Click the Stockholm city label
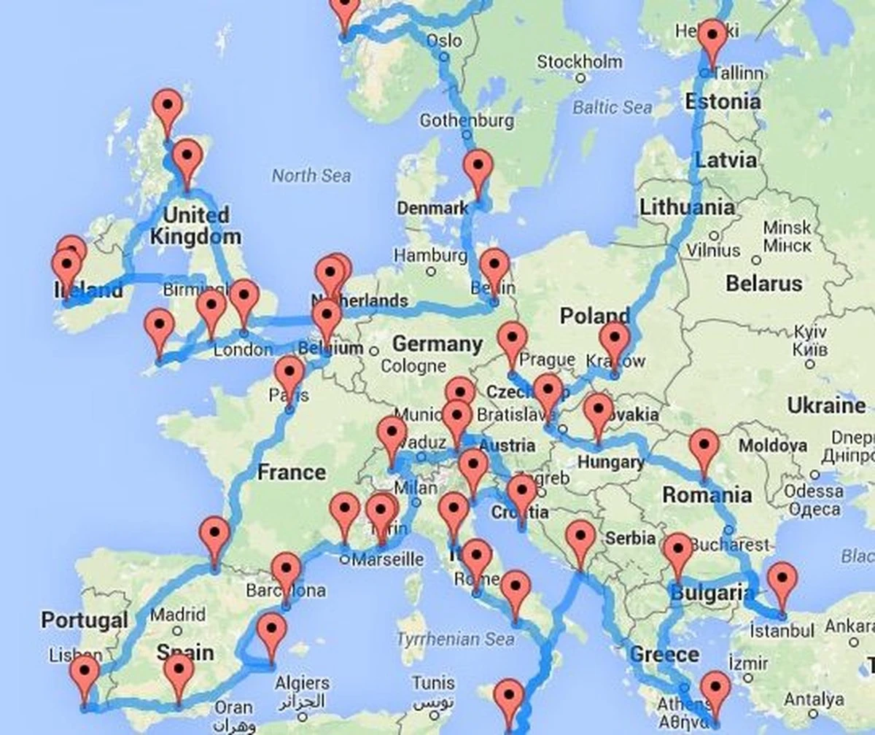click(580, 61)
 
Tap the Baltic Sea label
click(612, 107)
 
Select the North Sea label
click(311, 175)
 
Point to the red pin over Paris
click(289, 373)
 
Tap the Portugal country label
click(85, 621)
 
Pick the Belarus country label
click(763, 283)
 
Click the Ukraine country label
click(825, 405)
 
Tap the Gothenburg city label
click(467, 120)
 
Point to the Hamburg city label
click(430, 255)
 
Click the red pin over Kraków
click(615, 340)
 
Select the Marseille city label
click(387, 559)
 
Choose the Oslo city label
click(444, 40)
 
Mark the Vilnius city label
click(713, 249)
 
